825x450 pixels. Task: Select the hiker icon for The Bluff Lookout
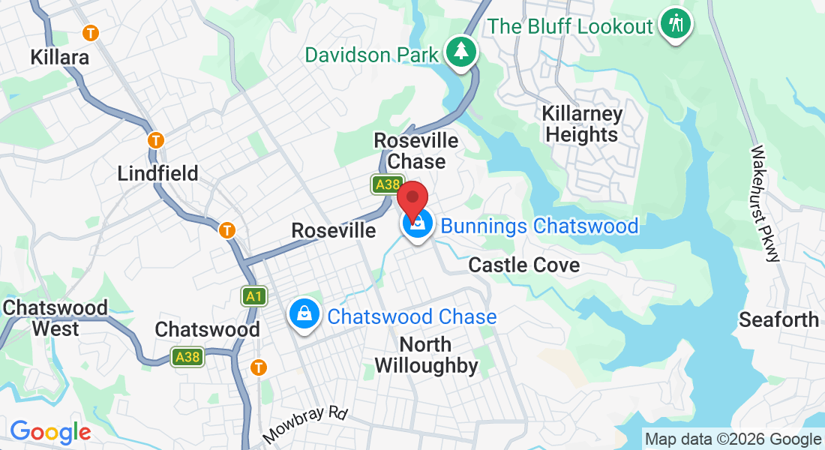(676, 23)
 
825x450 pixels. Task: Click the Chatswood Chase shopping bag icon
(304, 314)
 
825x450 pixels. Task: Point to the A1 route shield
(254, 296)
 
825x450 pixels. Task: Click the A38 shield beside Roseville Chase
(388, 184)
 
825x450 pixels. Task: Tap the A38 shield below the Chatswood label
(187, 357)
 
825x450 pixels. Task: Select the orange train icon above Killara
(91, 33)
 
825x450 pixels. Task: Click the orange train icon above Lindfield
(155, 140)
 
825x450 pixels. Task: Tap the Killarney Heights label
(582, 124)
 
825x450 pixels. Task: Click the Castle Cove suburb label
(523, 265)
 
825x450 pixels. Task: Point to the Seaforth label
(778, 319)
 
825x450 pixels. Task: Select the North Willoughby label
(425, 355)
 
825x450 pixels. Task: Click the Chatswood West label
(55, 318)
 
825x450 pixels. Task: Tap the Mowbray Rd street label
(306, 424)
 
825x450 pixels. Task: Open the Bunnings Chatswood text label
(539, 226)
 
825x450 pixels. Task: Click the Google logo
(50, 432)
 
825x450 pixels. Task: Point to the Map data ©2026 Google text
(733, 439)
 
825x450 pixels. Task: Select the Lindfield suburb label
(157, 173)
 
